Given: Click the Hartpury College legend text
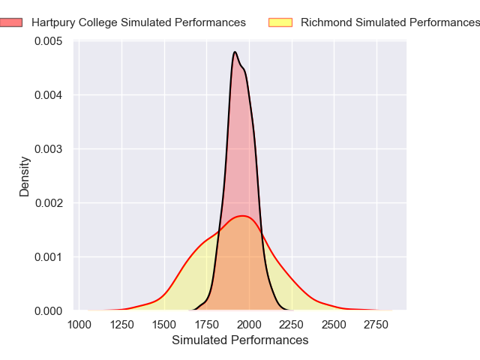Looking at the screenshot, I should pos(139,22).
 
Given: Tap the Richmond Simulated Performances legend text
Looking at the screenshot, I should pos(389,22).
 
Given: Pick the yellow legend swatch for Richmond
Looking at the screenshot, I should pos(280,22).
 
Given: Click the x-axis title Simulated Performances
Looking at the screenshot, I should pos(240,340).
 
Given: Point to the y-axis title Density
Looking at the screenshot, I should pos(25,175).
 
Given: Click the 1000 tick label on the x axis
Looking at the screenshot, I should pos(79,324).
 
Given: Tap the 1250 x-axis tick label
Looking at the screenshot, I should pos(121,324).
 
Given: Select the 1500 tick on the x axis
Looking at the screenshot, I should pos(164,324).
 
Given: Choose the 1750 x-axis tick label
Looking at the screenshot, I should pos(207,324).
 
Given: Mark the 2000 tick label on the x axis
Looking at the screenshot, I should pos(250,324).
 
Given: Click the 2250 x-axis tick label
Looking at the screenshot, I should pos(292,324).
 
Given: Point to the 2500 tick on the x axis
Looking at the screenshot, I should pos(334,324).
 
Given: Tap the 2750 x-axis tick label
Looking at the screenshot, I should pos(377,324).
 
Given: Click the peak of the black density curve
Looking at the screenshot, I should pos(235,52).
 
